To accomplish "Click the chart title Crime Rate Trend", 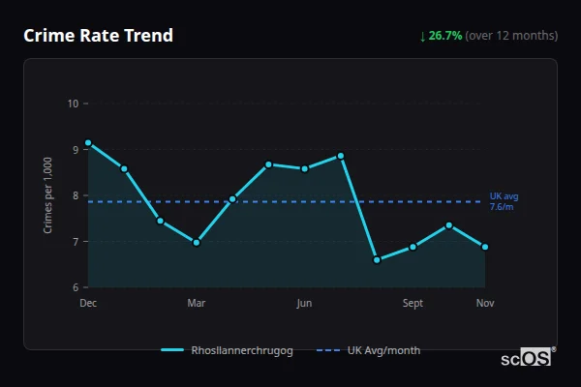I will click(x=98, y=36).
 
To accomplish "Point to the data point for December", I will click(x=88, y=143).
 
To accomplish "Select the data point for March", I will click(x=197, y=243).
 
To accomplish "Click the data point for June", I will click(x=305, y=169).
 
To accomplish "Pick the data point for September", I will click(x=413, y=247).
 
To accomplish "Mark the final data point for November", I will click(x=485, y=247).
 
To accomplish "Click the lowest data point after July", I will click(x=377, y=260).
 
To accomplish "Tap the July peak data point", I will click(x=341, y=156).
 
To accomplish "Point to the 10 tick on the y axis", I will click(x=73, y=104).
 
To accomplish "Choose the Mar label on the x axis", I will click(x=197, y=304).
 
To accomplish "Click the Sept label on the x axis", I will click(x=413, y=304).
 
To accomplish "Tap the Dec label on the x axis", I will click(x=88, y=304).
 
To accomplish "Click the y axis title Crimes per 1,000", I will click(x=48, y=195).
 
